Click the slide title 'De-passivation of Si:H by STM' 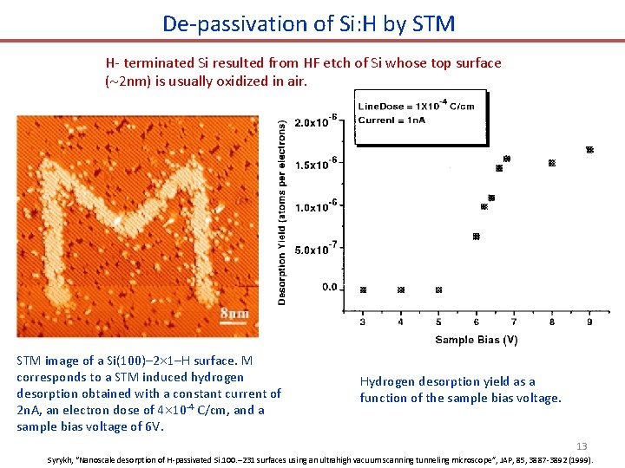308,23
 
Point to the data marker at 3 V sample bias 363,289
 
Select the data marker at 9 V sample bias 589,150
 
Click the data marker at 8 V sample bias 551,163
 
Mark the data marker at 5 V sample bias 438,289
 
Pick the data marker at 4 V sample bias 401,289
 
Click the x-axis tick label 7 514,322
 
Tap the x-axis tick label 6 476,322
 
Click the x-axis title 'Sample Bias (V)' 476,341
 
